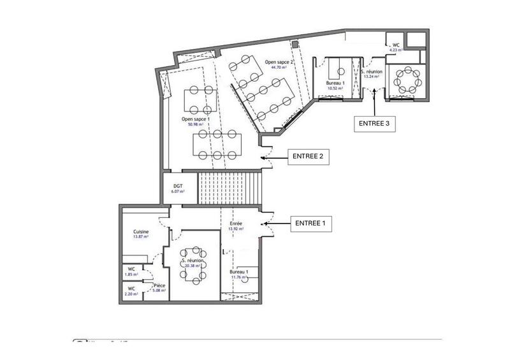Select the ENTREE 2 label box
(309, 156)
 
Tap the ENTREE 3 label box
(374, 123)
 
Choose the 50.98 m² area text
(195, 125)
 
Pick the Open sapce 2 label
(278, 62)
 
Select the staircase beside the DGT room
(229, 187)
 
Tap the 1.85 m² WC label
(131, 271)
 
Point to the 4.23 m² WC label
(397, 47)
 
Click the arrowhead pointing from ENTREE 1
(265, 224)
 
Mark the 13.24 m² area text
(371, 75)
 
